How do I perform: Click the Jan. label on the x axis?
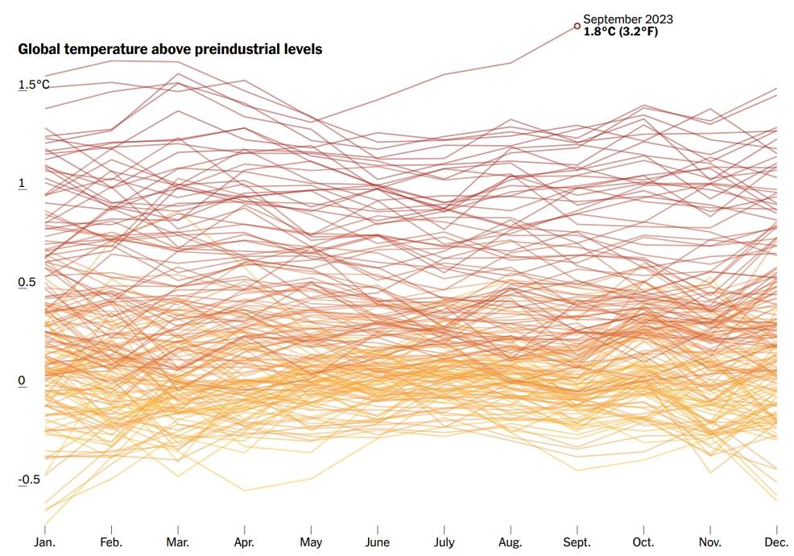point(45,542)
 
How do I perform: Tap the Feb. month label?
point(111,542)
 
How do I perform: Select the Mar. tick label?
point(178,542)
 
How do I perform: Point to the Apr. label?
point(244,542)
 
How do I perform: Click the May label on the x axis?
point(311,542)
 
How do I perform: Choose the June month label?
point(378,542)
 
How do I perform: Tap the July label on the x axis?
point(444,542)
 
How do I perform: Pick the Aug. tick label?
point(511,542)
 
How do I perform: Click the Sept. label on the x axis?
point(577,542)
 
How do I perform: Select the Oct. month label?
point(643,542)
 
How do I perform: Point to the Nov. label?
point(709,542)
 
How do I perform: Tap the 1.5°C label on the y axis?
point(34,84)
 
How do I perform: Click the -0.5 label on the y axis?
point(29,479)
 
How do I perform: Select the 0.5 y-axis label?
point(27,282)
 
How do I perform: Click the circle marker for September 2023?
point(577,26)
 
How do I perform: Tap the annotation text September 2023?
point(627,19)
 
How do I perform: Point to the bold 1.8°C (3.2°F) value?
point(626,31)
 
